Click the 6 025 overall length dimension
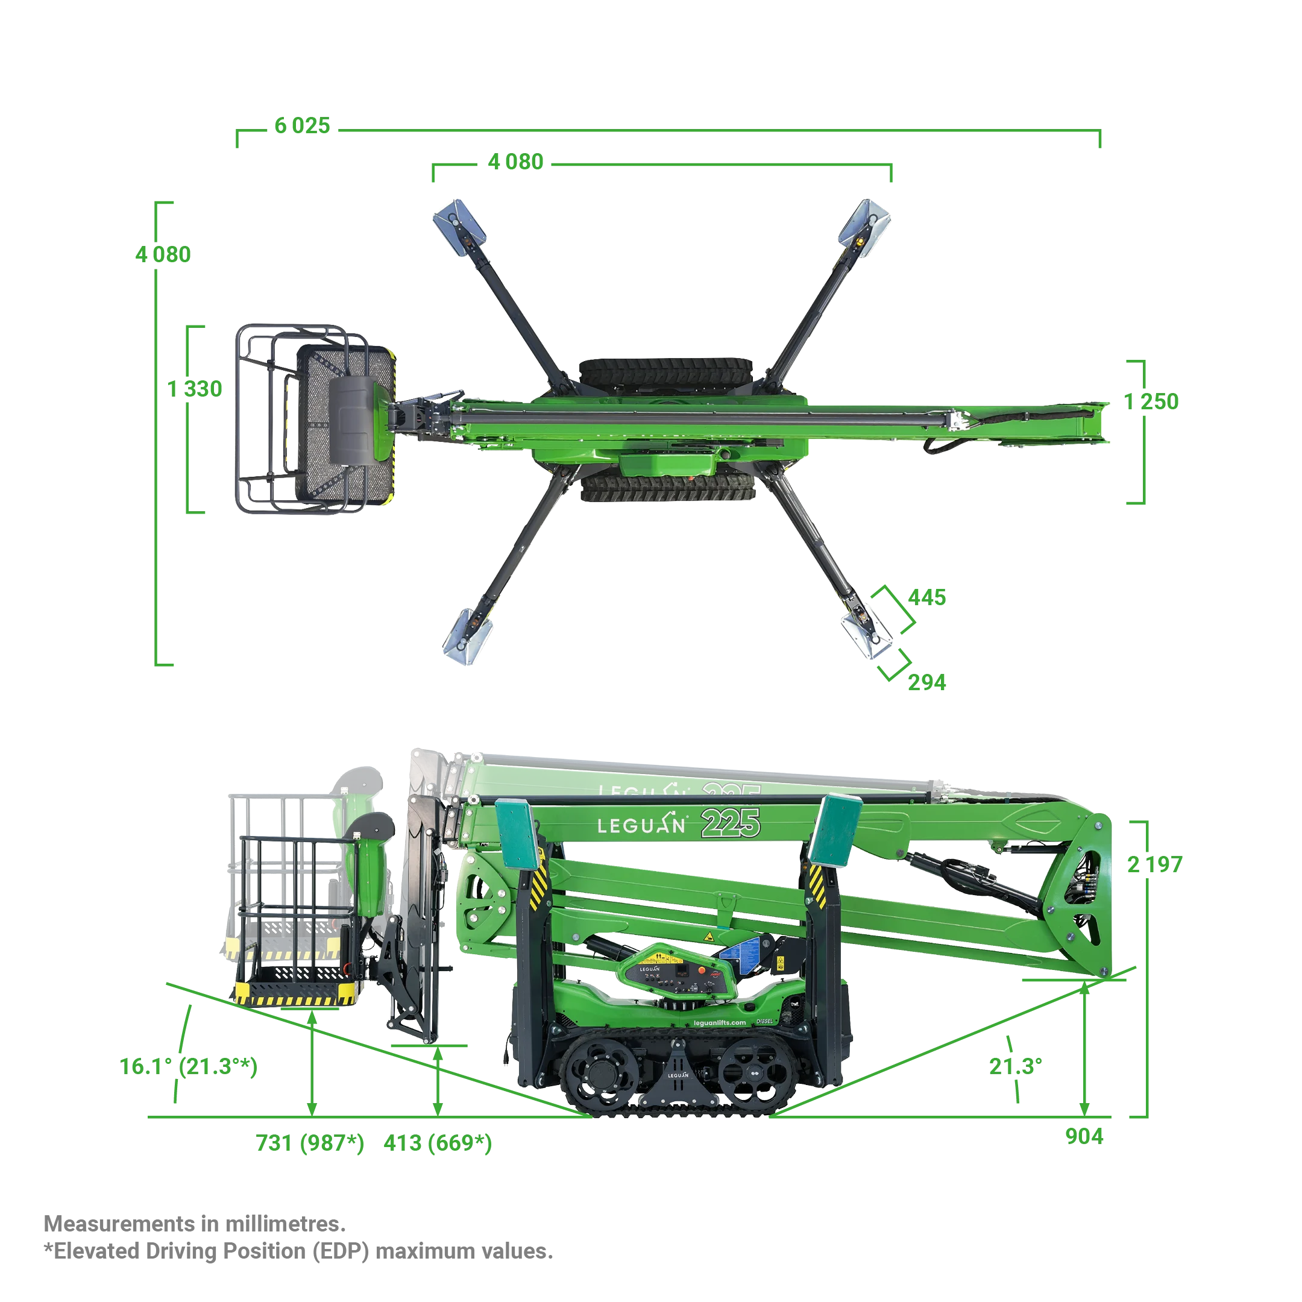(302, 125)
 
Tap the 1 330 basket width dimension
(195, 389)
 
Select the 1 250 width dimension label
(1151, 401)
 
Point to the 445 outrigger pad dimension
(926, 597)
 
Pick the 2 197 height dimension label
(1154, 864)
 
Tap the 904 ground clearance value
(1084, 1136)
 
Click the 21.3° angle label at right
(1016, 1066)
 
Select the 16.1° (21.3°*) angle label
(189, 1067)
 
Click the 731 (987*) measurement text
(310, 1143)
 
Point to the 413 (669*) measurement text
(438, 1143)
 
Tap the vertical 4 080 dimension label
(163, 255)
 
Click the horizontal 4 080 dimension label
(515, 162)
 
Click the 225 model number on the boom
(731, 823)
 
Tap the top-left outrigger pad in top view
(459, 227)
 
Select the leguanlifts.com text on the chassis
(720, 1022)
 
